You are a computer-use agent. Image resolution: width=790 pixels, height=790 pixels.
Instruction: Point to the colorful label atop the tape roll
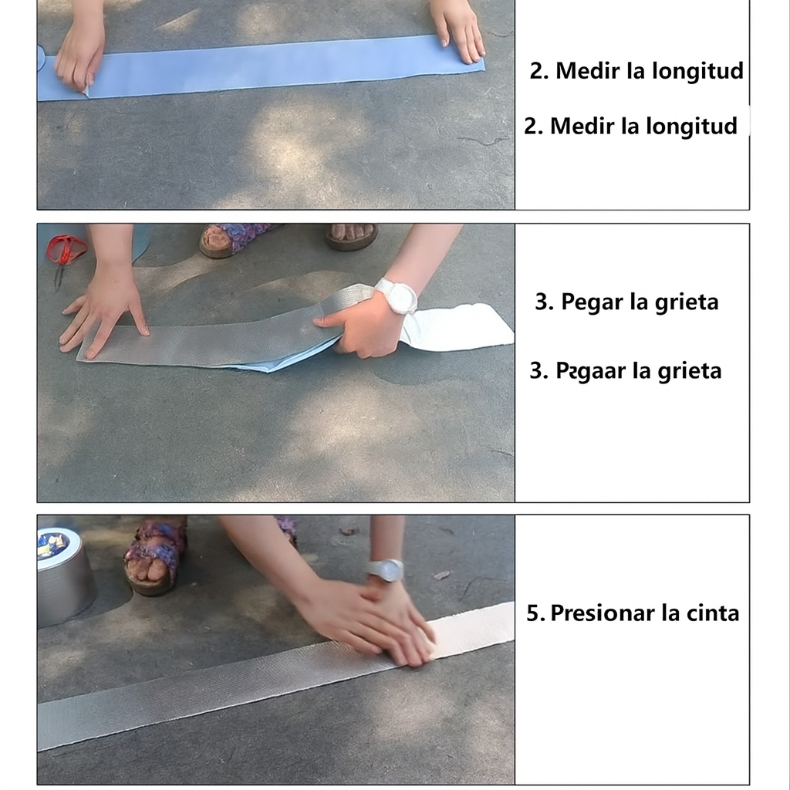coord(52,545)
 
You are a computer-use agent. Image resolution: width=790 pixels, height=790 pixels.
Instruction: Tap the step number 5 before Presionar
coord(534,613)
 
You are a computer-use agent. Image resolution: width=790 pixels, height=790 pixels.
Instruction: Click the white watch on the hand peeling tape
coord(397,296)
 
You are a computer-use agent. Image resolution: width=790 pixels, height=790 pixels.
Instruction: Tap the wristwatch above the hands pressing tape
coord(385,570)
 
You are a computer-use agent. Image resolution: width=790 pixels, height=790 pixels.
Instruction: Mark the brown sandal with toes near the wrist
coord(351,235)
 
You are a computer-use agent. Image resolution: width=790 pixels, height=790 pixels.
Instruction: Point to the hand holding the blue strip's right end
coord(459,31)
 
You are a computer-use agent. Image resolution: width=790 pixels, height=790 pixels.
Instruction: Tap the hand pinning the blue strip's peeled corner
coord(77,58)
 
